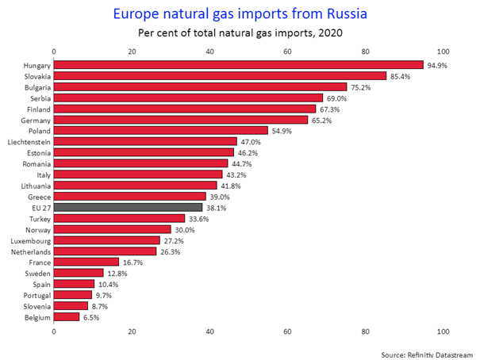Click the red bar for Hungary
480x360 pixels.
[238, 65]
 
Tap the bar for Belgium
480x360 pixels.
[67, 316]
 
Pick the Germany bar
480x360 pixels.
[180, 120]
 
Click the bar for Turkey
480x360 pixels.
[119, 218]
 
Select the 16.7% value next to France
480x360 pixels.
[134, 262]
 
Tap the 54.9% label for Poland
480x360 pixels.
[282, 131]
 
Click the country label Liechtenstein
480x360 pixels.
[29, 141]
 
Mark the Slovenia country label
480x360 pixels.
[36, 305]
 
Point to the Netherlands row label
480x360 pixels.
[31, 251]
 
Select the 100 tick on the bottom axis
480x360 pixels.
[443, 331]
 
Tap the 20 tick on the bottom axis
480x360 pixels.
[132, 331]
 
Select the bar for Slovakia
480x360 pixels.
[220, 76]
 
